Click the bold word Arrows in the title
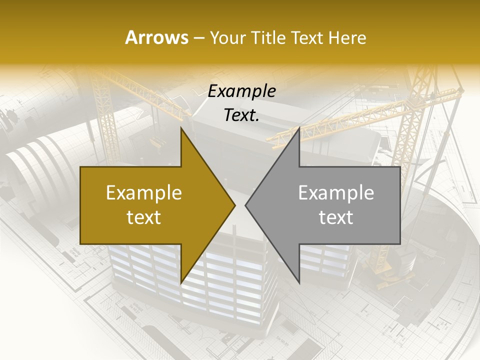156,38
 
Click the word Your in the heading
227,38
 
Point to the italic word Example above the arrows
241,91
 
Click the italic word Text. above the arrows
241,115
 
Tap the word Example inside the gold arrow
143,193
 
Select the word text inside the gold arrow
143,217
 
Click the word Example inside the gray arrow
336,193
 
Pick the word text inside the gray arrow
336,217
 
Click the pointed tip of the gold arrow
234,205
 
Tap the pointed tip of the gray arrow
246,205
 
